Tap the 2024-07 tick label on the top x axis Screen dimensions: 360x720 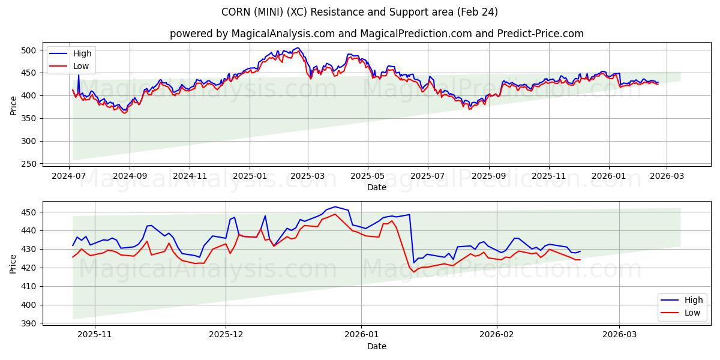[69, 176]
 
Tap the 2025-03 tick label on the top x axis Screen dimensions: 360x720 [308, 176]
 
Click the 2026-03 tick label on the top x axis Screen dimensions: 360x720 [667, 176]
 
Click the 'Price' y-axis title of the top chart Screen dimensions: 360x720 [13, 106]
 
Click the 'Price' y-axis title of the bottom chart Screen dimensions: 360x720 [13, 264]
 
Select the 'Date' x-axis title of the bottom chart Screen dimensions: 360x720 [376, 346]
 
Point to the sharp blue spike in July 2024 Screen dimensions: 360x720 [78, 75]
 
